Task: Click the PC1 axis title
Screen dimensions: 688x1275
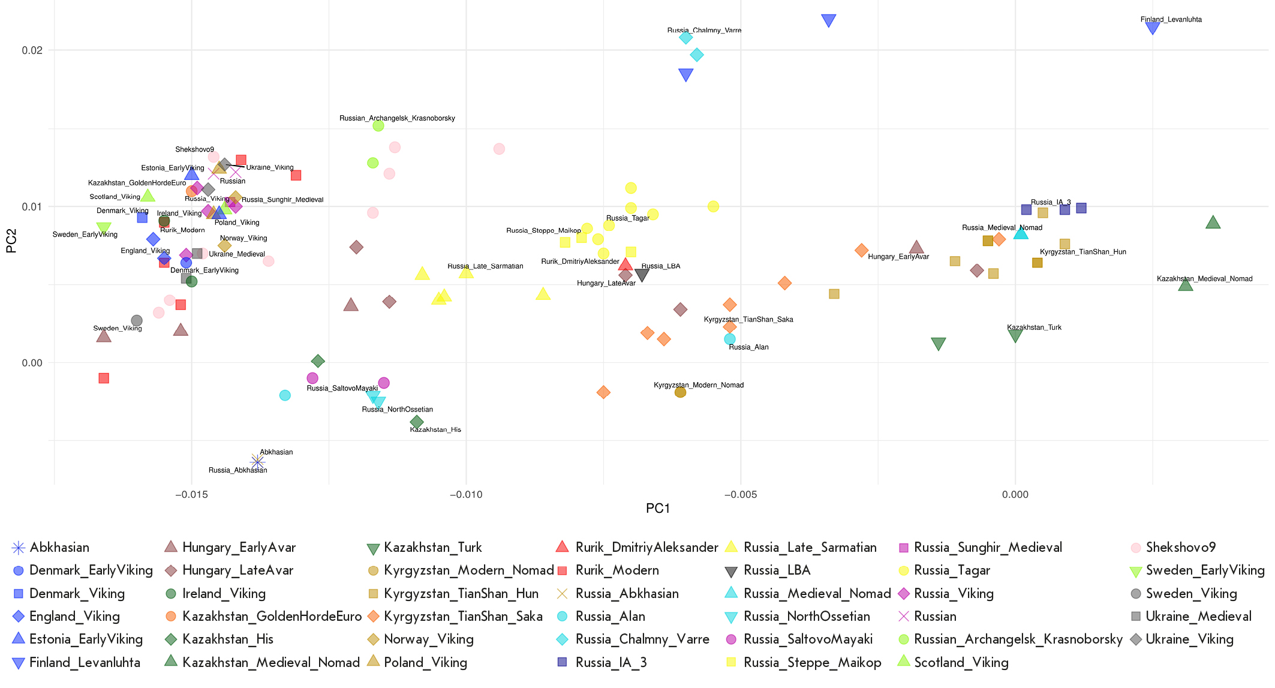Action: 657,509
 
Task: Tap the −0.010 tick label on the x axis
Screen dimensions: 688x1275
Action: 465,495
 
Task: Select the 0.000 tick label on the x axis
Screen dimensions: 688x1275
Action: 1015,495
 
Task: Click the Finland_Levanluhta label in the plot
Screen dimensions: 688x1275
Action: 1171,20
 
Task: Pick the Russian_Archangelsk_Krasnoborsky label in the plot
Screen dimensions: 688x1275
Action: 397,118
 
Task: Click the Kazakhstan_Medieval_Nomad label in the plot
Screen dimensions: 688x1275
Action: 1204,279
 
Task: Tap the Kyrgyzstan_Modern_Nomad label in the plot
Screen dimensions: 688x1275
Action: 698,385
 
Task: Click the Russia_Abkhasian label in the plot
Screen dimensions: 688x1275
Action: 237,470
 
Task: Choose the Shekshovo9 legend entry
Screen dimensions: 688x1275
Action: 1180,548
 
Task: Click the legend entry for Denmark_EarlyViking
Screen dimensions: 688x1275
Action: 91,570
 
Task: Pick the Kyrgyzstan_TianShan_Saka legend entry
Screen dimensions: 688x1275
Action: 463,617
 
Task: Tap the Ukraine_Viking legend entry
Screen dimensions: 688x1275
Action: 1189,639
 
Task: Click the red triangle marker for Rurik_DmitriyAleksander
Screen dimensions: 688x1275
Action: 626,265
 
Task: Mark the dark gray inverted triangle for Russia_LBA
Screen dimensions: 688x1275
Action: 642,275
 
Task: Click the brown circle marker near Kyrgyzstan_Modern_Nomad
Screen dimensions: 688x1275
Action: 680,392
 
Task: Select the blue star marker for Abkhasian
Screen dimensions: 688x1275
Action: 257,461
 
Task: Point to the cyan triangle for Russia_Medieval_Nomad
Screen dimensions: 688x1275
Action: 1021,233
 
